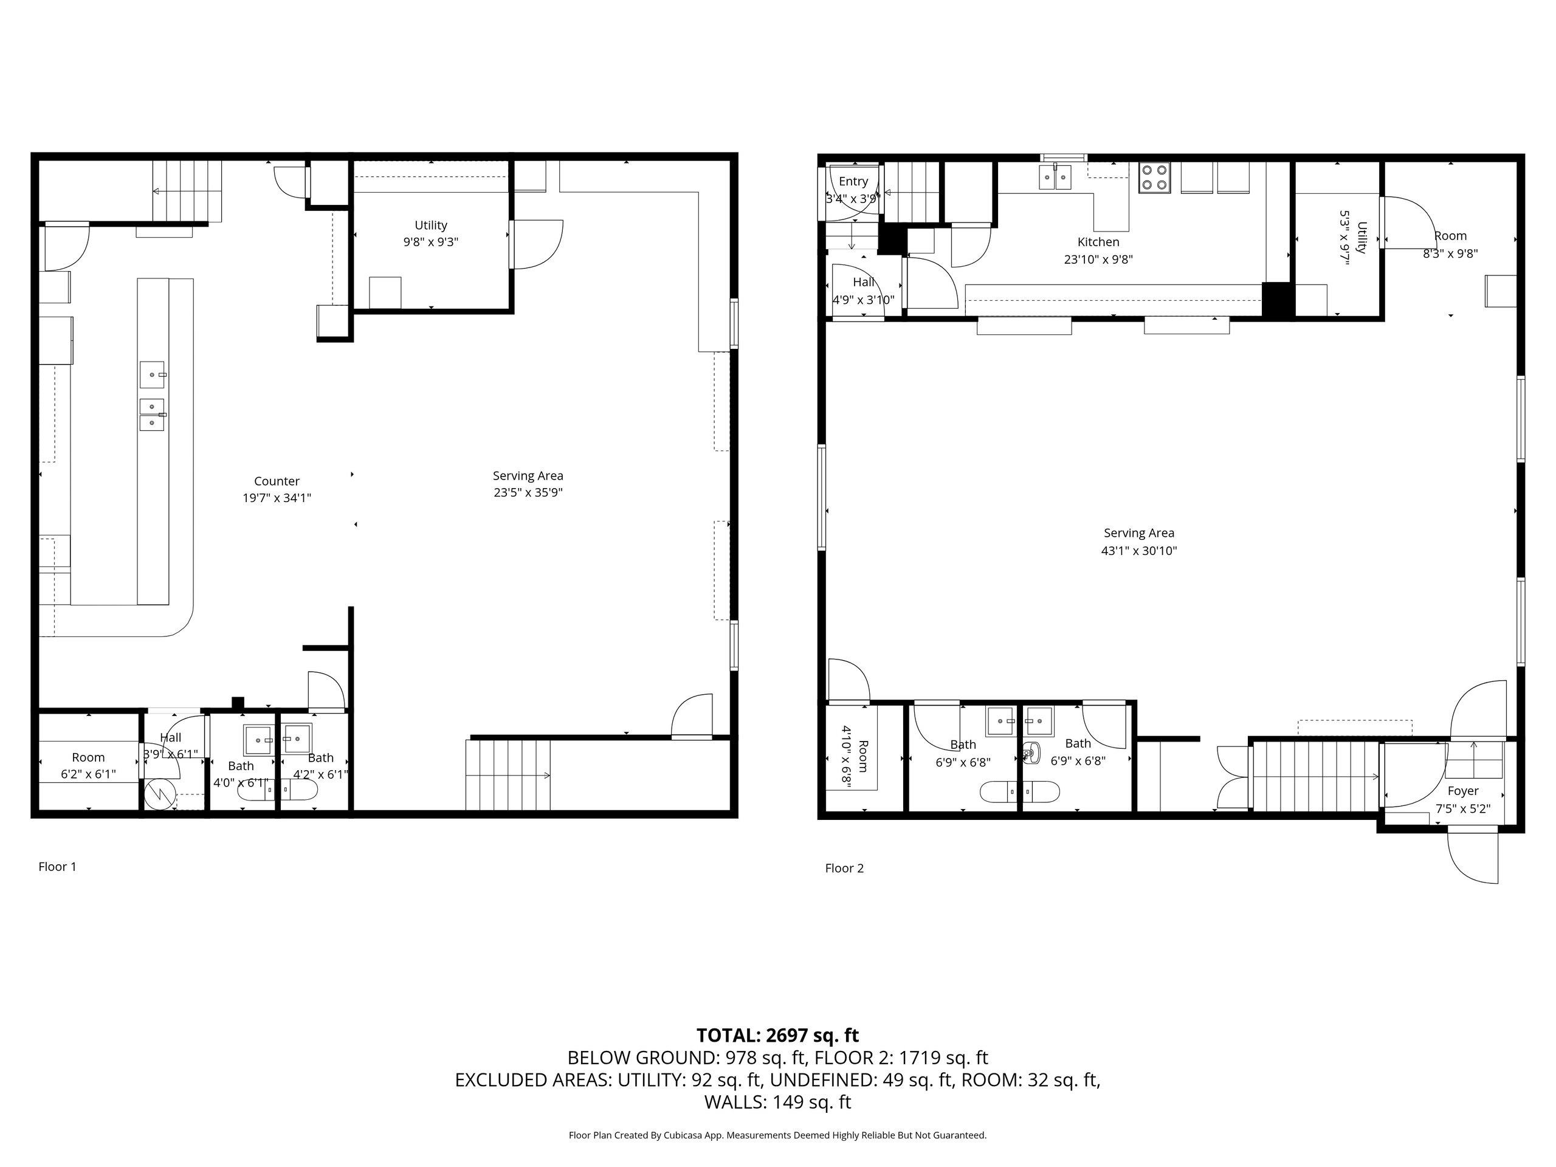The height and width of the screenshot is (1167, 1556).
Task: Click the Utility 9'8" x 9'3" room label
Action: click(x=430, y=233)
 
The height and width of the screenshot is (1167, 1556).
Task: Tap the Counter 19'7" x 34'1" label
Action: click(x=277, y=489)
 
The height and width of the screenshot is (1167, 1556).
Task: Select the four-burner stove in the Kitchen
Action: click(x=1154, y=177)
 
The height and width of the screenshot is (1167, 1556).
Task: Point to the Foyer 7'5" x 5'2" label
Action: click(x=1462, y=800)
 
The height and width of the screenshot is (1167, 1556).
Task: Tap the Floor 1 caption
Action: click(x=57, y=867)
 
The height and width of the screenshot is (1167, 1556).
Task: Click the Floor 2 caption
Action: click(x=844, y=868)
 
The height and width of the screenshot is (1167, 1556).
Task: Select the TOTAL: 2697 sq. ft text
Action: click(x=777, y=1036)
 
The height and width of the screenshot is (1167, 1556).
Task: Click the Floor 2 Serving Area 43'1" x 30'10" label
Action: click(x=1138, y=542)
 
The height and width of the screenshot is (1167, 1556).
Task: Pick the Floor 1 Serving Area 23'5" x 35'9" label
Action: click(x=528, y=484)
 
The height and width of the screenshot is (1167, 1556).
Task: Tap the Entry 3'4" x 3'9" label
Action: click(x=853, y=190)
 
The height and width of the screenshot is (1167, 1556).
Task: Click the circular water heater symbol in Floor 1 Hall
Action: click(x=156, y=796)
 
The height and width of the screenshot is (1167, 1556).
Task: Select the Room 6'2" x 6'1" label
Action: click(x=88, y=765)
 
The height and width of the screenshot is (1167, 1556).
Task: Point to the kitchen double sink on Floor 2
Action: click(x=1055, y=177)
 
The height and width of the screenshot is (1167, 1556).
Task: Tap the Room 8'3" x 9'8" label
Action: click(x=1450, y=244)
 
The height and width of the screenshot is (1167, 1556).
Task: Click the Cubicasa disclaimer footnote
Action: click(x=777, y=1135)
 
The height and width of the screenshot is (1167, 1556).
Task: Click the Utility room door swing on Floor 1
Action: click(x=538, y=243)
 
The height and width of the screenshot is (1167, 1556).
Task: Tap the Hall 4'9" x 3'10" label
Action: click(x=863, y=291)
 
